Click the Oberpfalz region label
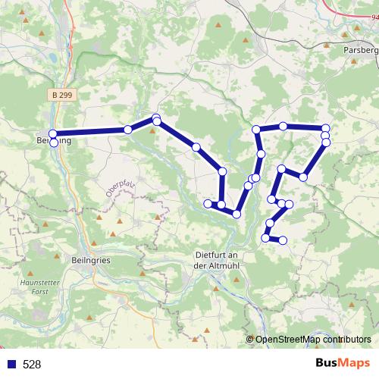[121, 185]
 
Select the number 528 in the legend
[32, 365]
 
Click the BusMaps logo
[343, 363]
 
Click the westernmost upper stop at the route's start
[53, 134]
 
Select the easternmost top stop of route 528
[326, 128]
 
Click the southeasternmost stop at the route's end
[283, 240]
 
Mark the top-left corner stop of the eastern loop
[256, 129]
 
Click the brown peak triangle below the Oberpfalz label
[120, 222]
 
